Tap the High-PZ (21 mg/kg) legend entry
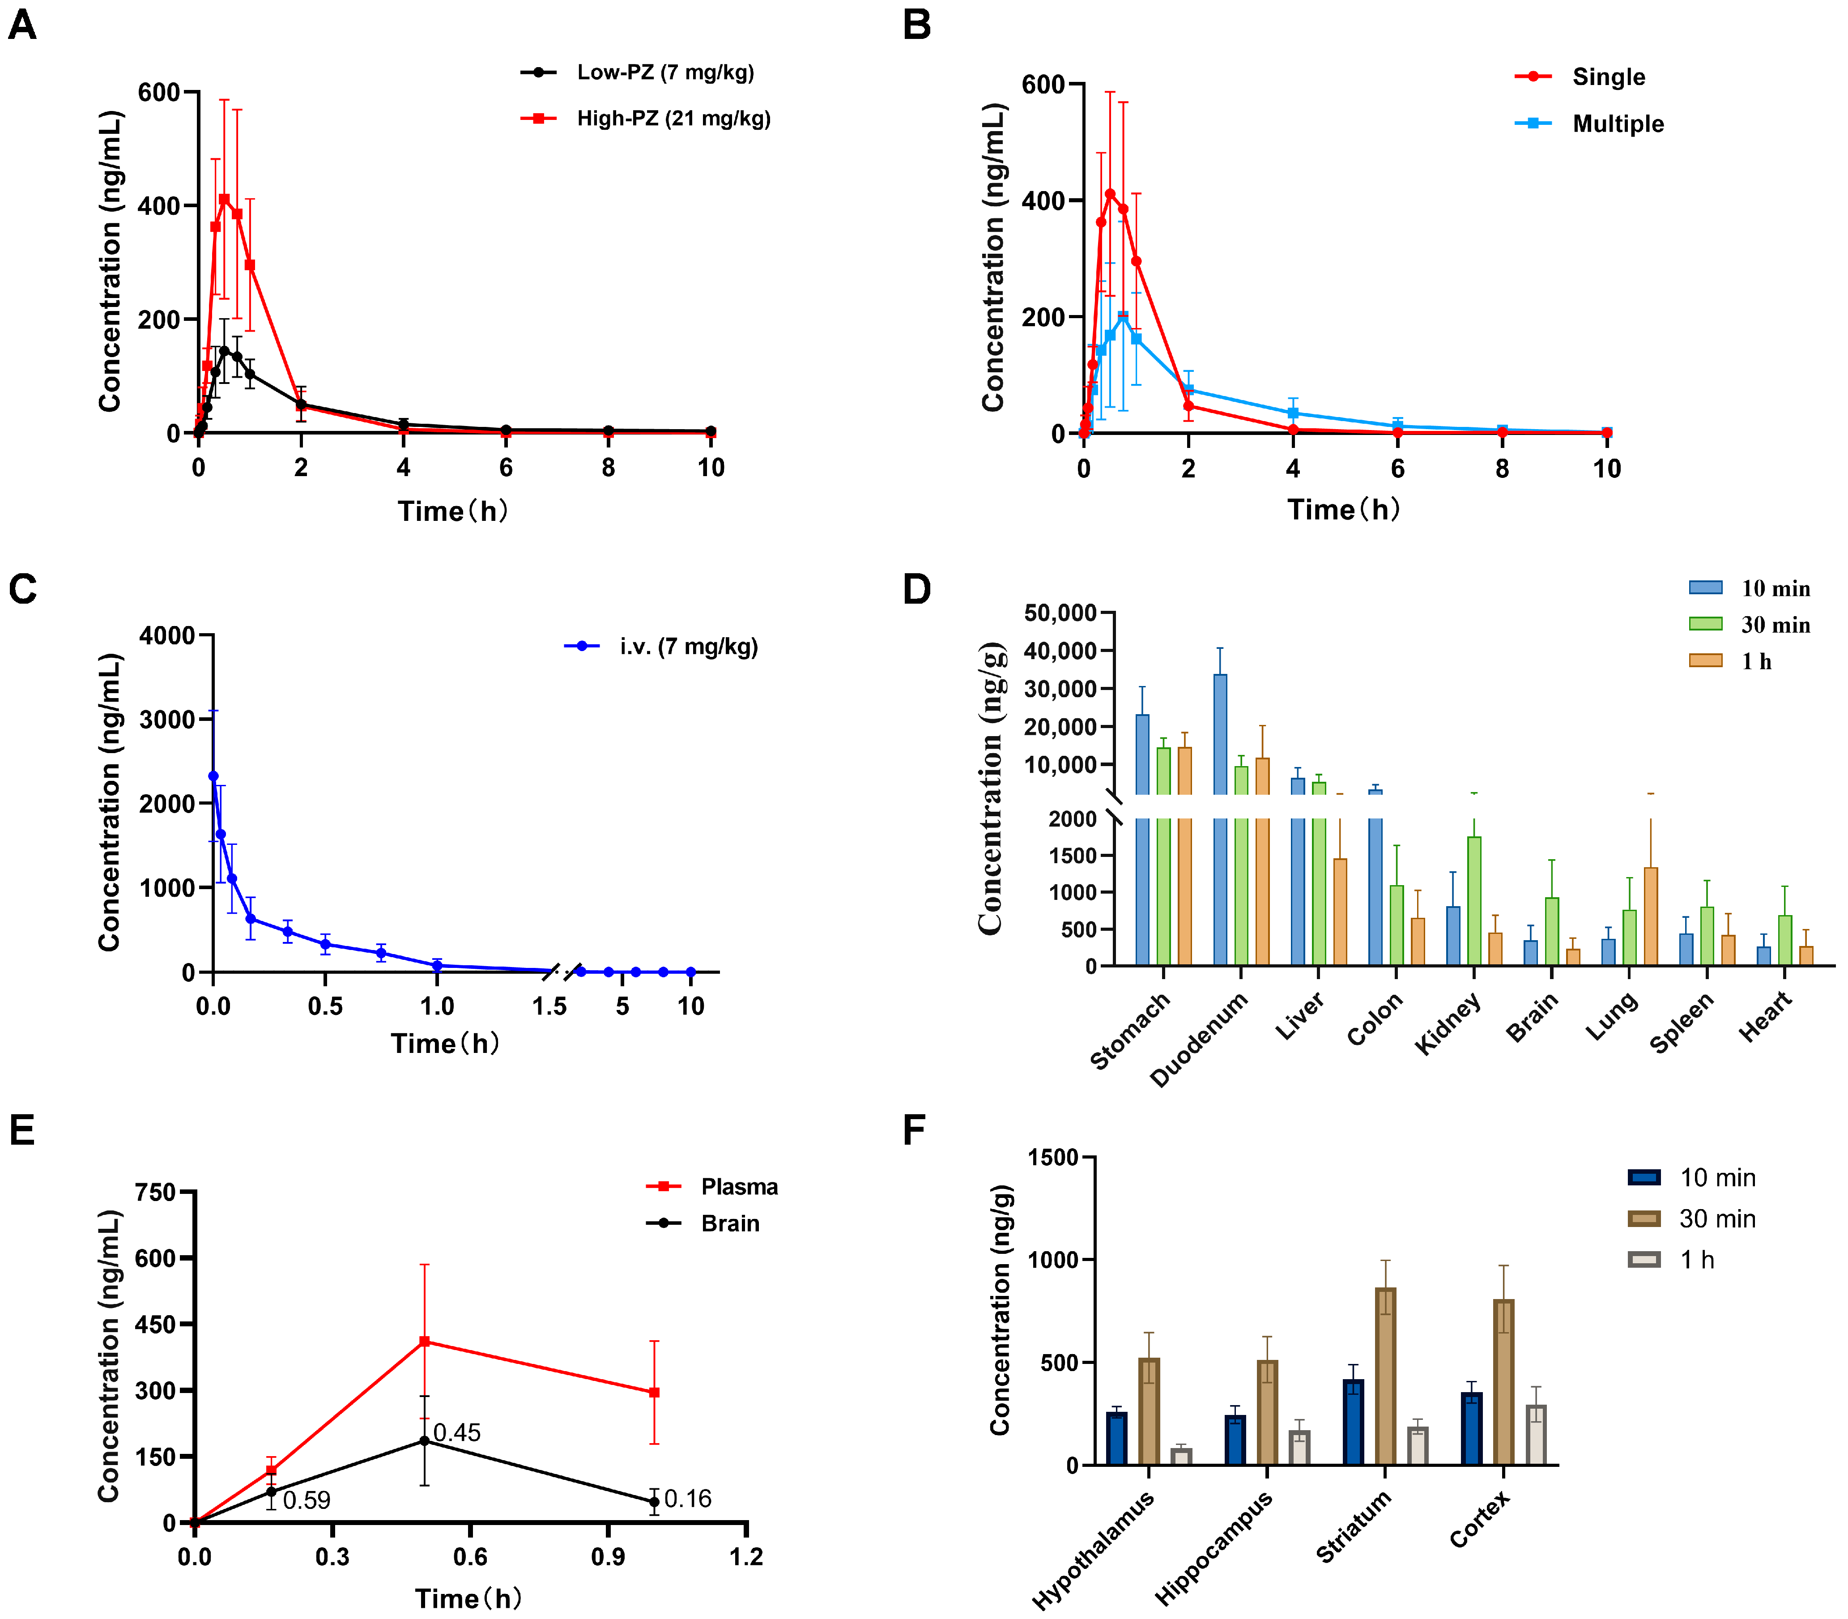coord(673,118)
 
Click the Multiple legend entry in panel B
coord(1617,124)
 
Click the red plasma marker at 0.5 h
coord(424,1342)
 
